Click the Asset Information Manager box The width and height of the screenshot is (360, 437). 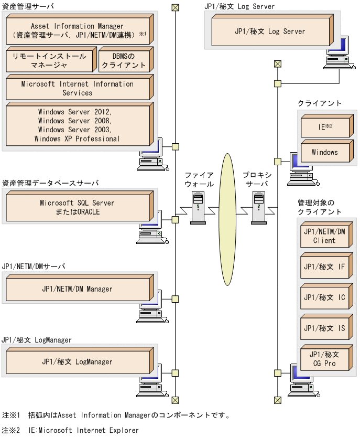(77, 30)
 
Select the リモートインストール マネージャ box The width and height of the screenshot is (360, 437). (50, 60)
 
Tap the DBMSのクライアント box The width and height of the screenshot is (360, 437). (124, 60)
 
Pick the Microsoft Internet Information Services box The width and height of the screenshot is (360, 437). (77, 88)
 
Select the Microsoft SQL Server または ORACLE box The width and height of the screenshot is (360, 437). (77, 207)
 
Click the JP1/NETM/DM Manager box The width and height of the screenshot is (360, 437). (77, 289)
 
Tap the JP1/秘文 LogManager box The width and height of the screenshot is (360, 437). (77, 361)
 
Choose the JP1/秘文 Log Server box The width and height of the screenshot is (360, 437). (270, 31)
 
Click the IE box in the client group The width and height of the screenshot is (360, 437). (324, 126)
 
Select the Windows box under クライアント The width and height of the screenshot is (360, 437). (324, 152)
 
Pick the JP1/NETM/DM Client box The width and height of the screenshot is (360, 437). (324, 236)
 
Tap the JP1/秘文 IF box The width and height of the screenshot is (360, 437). (324, 267)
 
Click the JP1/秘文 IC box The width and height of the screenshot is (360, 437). (324, 297)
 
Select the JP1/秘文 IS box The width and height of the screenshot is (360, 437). (324, 328)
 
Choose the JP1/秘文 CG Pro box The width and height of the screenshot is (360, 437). (324, 359)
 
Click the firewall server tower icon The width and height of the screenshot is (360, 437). (198, 208)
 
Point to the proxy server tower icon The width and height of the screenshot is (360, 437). (259, 208)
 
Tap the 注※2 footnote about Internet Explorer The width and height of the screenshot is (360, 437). (70, 430)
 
